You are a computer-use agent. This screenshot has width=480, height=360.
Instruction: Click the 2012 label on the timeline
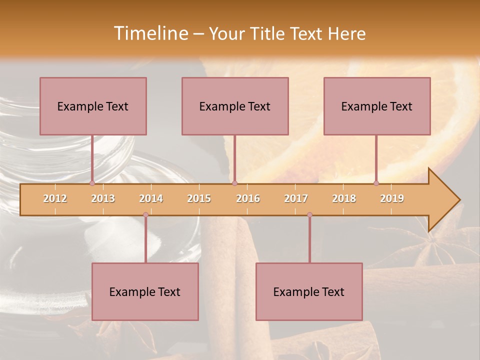tap(55, 198)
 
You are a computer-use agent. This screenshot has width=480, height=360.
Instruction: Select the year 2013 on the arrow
tap(103, 198)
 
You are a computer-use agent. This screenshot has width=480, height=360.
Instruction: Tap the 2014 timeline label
tap(151, 198)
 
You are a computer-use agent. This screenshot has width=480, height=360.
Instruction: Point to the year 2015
tap(199, 198)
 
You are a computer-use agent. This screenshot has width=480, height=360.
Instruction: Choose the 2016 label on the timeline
tap(248, 198)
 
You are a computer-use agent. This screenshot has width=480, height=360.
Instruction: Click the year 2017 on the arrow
tap(296, 198)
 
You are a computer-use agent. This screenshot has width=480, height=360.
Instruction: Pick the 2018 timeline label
tap(344, 198)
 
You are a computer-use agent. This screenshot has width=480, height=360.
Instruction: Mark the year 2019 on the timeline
tap(392, 198)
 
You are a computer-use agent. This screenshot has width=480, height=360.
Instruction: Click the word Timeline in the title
tap(149, 33)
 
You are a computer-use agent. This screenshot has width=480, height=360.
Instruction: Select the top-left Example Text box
tap(93, 106)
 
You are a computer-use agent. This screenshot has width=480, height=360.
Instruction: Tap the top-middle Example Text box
tap(235, 106)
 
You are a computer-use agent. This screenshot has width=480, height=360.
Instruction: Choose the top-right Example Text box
tap(377, 106)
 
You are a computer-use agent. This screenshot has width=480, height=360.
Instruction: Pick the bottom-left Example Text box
tap(145, 291)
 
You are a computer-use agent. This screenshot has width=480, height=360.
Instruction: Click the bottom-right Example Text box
tap(309, 291)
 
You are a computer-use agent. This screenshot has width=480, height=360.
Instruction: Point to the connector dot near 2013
tap(92, 183)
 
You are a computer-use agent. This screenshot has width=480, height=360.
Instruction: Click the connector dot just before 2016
tap(234, 183)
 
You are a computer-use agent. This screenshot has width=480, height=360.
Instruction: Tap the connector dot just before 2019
tap(376, 183)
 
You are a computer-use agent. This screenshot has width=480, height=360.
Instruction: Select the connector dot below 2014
tap(145, 215)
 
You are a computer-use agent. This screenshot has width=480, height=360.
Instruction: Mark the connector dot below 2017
tap(309, 215)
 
